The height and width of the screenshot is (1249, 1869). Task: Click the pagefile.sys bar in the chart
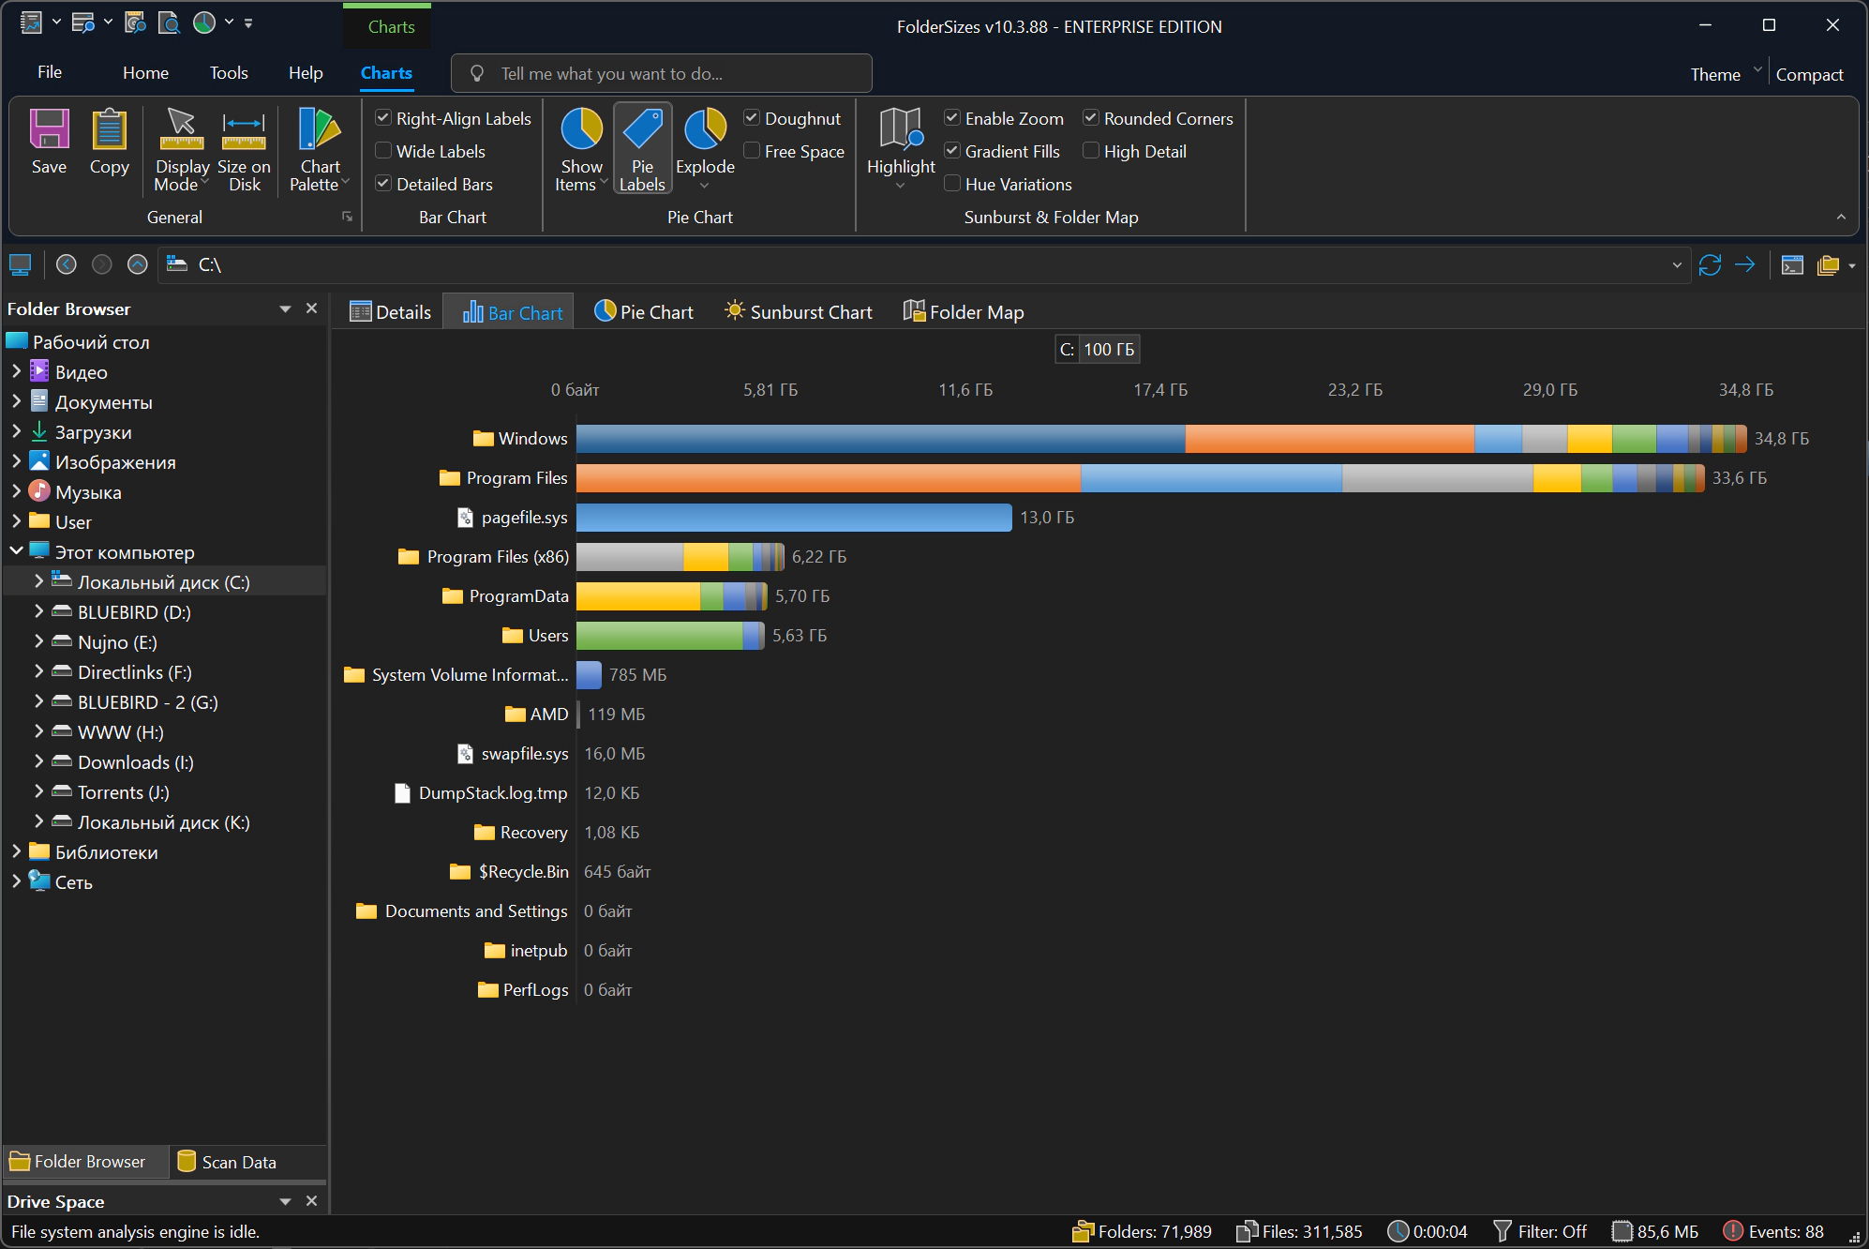tap(794, 518)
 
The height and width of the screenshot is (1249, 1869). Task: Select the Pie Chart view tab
tap(644, 312)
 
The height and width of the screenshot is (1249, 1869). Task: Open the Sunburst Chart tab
tap(799, 312)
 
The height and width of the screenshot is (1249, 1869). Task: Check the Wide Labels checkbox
tap(383, 151)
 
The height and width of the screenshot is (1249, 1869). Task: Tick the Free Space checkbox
tap(752, 151)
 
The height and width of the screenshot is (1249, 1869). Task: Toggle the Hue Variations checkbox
tap(952, 184)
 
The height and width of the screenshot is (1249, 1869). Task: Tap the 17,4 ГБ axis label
tap(1160, 390)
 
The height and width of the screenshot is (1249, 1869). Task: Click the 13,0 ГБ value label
tap(1047, 518)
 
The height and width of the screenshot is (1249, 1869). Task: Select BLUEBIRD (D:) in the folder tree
tap(134, 612)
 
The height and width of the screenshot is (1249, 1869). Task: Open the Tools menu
tap(229, 73)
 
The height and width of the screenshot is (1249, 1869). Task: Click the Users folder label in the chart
tap(548, 636)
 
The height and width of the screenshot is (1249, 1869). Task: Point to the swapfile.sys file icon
tap(465, 754)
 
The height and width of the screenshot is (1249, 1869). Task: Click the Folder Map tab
tap(964, 312)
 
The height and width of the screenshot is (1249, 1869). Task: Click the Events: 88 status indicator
tap(1774, 1231)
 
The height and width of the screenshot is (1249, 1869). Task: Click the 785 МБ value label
tap(638, 675)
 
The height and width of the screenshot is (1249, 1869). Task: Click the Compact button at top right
tap(1809, 74)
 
